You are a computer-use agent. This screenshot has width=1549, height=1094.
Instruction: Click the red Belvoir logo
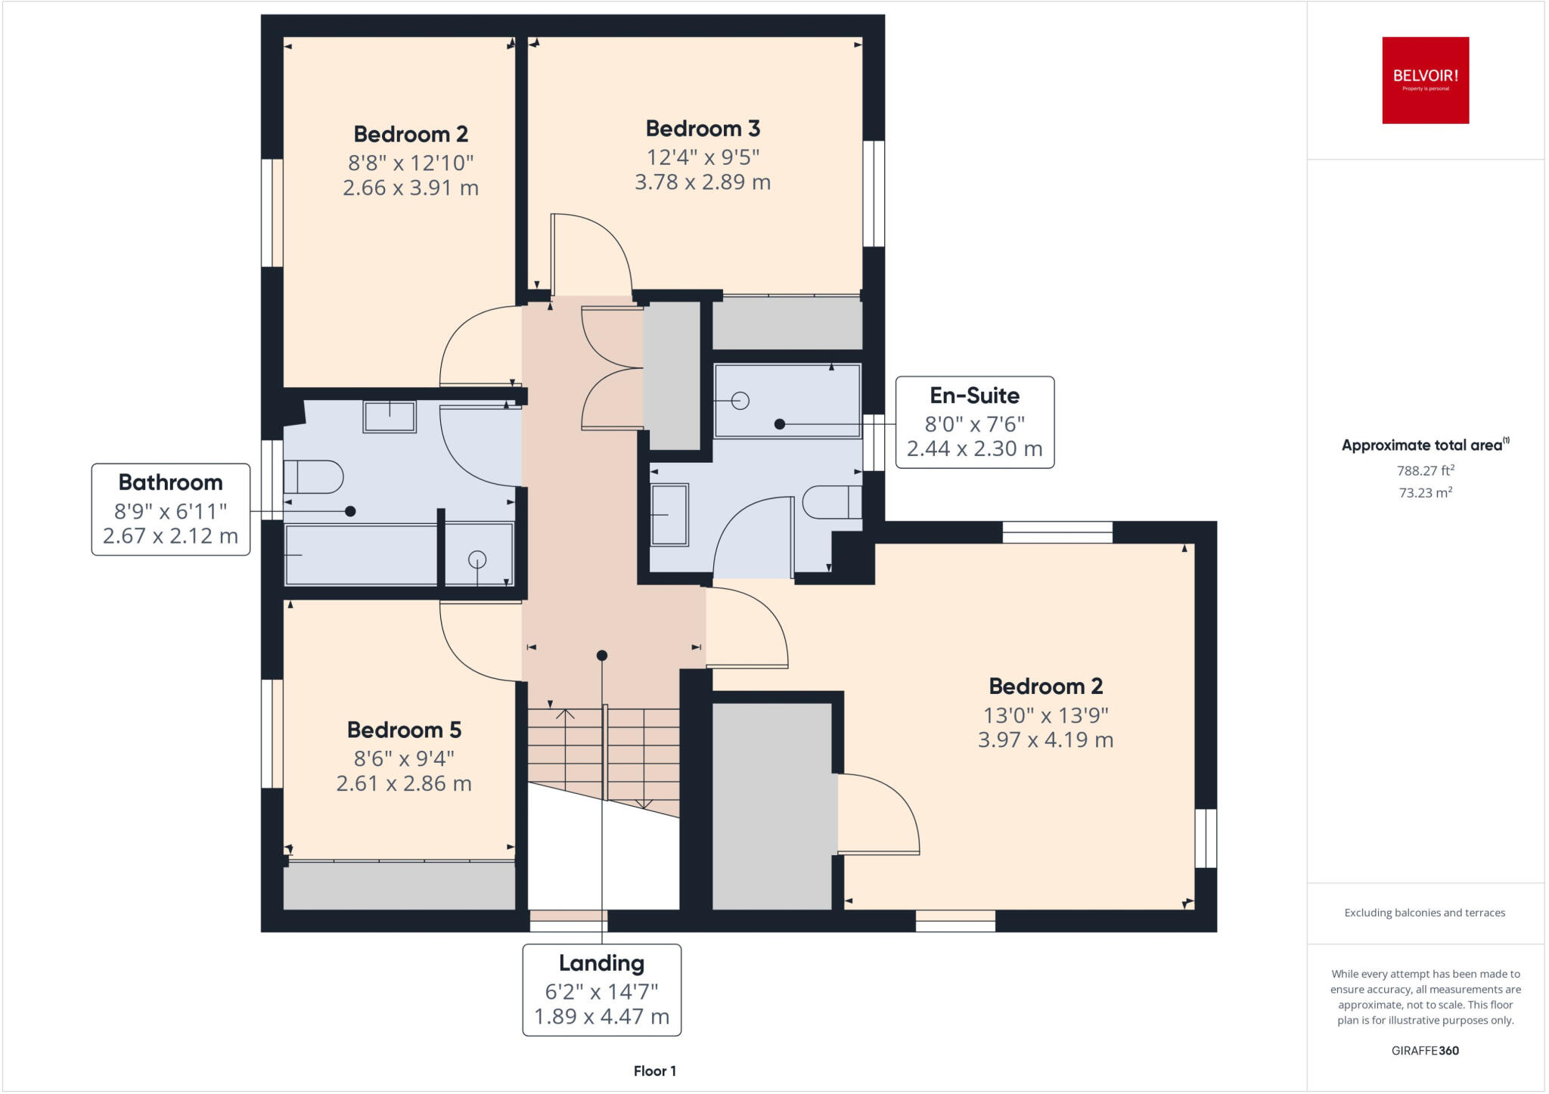tap(1425, 80)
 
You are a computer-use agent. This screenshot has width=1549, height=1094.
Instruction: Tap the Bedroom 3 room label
tap(703, 129)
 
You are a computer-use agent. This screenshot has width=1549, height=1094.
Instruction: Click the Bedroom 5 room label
tap(404, 730)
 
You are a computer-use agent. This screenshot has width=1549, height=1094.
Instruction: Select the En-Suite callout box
tap(974, 422)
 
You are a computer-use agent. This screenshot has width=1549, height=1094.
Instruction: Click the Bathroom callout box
tap(171, 509)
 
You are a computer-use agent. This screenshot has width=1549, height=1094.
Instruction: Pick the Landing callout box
tap(601, 990)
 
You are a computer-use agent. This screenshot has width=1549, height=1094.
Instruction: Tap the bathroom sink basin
tap(390, 417)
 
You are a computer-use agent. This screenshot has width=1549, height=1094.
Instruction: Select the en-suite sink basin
tap(669, 515)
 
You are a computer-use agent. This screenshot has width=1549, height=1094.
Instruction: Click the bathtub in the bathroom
tap(361, 554)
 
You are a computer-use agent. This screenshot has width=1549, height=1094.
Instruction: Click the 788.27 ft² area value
tap(1425, 470)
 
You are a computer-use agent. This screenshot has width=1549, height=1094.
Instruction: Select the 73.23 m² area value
tap(1425, 493)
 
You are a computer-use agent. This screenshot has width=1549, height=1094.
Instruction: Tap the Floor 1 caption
tap(654, 1071)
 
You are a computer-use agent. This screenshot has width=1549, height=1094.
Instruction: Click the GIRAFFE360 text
tap(1425, 1050)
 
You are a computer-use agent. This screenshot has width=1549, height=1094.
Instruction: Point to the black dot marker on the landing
tap(601, 655)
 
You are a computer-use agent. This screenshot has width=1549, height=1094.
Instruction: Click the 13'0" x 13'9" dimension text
tap(1045, 714)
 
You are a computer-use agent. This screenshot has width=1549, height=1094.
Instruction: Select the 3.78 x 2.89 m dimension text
tap(703, 182)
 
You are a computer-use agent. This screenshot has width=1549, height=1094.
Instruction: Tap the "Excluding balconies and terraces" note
tap(1424, 913)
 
